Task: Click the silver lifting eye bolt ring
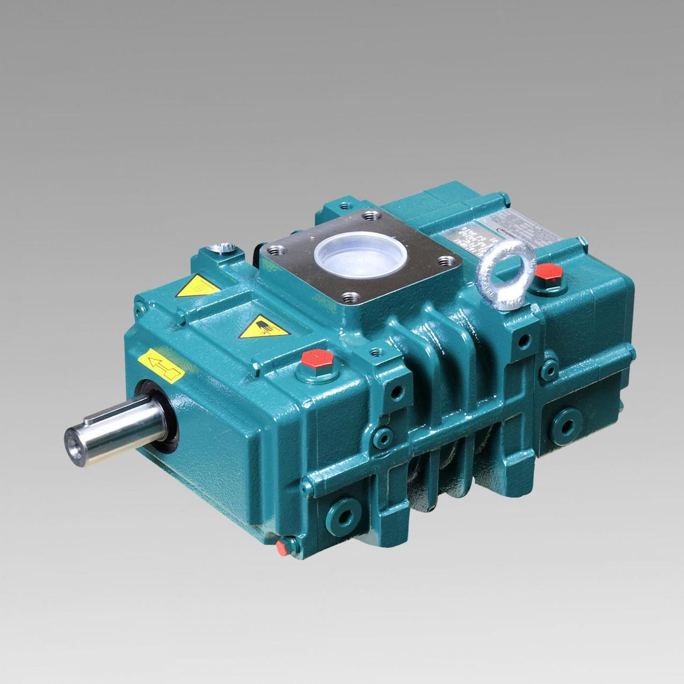[505, 273]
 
